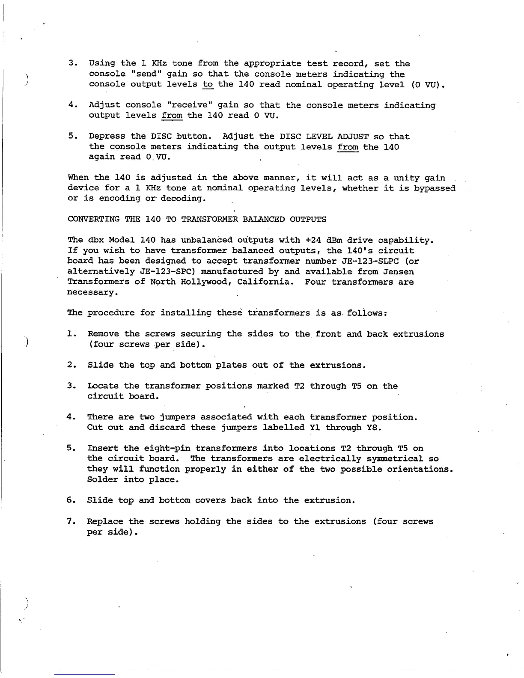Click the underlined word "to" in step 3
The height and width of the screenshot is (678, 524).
[x=208, y=85]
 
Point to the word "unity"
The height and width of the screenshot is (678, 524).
[x=406, y=178]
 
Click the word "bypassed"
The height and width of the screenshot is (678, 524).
[x=435, y=188]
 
